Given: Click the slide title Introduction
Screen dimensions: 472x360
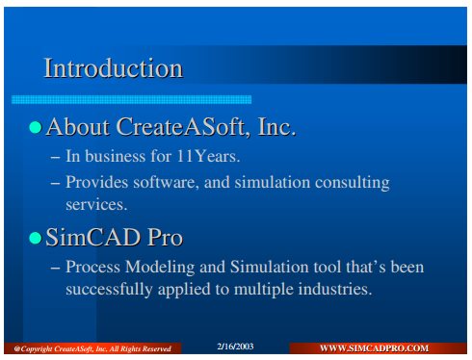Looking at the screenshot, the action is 114,68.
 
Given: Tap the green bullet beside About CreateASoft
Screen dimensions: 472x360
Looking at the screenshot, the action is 36,127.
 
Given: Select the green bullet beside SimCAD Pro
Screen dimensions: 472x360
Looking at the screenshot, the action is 36,238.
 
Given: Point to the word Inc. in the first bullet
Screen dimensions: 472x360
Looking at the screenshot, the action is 276,127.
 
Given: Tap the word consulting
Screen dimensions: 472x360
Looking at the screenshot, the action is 352,183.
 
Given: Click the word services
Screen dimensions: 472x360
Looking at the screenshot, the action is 96,204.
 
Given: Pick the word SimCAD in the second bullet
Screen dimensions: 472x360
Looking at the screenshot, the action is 93,238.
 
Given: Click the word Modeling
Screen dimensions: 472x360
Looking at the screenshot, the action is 160,268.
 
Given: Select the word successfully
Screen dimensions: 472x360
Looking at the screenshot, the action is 109,289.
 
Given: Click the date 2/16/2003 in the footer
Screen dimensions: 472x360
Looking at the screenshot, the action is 235,347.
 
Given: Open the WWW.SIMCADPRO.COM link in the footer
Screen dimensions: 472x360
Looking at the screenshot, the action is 374,348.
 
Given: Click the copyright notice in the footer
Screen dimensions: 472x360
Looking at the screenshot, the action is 92,348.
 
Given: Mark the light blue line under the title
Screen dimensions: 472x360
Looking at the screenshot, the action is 131,99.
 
